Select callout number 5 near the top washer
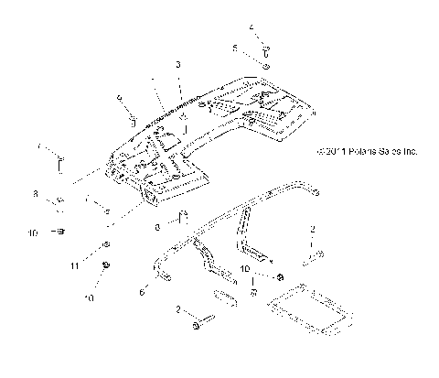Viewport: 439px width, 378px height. [x=234, y=46]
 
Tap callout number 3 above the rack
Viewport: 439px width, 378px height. [x=179, y=67]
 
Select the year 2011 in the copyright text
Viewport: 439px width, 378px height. [x=330, y=152]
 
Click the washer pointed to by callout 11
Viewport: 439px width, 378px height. [x=107, y=244]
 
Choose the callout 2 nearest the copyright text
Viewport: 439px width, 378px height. [x=313, y=226]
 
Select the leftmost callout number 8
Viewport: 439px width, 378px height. [x=36, y=194]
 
